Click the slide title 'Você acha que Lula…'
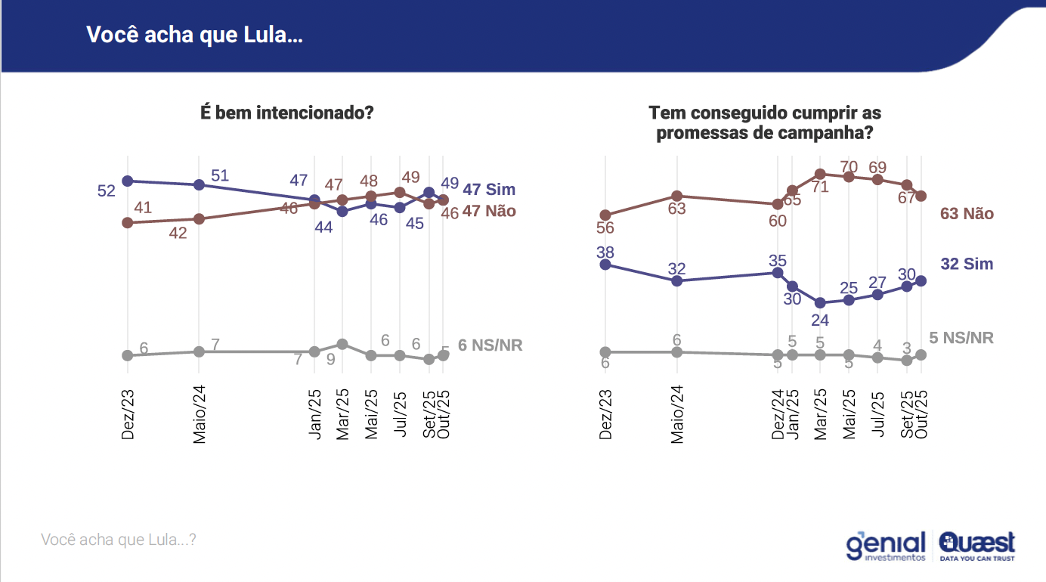click(194, 36)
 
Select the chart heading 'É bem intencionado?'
click(287, 113)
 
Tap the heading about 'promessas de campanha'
click(765, 123)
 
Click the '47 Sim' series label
click(489, 189)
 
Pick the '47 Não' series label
click(489, 212)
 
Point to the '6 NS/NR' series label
click(491, 345)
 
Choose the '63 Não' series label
click(967, 214)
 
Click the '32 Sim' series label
click(967, 264)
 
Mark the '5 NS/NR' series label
click(961, 338)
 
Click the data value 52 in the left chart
click(107, 191)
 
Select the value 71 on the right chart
click(821, 187)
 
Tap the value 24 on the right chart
click(820, 320)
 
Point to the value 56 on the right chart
click(605, 228)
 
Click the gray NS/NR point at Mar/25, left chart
click(342, 344)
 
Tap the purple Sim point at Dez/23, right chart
click(605, 265)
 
